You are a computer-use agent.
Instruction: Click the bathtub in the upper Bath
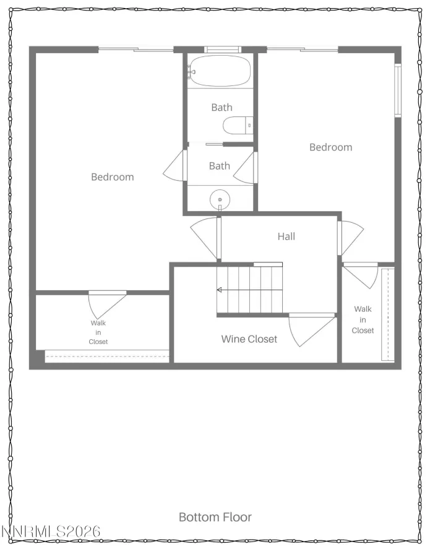point(220,71)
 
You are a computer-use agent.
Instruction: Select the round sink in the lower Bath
point(220,200)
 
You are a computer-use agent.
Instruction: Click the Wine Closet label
point(249,339)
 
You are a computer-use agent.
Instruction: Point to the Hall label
point(286,236)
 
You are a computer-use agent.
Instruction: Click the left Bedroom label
point(113,177)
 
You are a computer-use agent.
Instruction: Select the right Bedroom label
point(331,147)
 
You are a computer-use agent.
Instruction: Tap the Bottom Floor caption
point(215,517)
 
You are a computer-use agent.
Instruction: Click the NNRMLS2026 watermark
point(51,532)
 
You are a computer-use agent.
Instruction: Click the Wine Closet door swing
point(312,329)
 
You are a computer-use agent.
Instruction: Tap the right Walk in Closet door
point(361,275)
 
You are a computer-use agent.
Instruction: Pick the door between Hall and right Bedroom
point(350,237)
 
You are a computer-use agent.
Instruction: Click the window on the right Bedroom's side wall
point(398,90)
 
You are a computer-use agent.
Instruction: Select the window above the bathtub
point(223,50)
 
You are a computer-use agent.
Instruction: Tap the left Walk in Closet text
point(98,332)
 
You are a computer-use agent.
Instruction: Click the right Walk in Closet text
point(363,320)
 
